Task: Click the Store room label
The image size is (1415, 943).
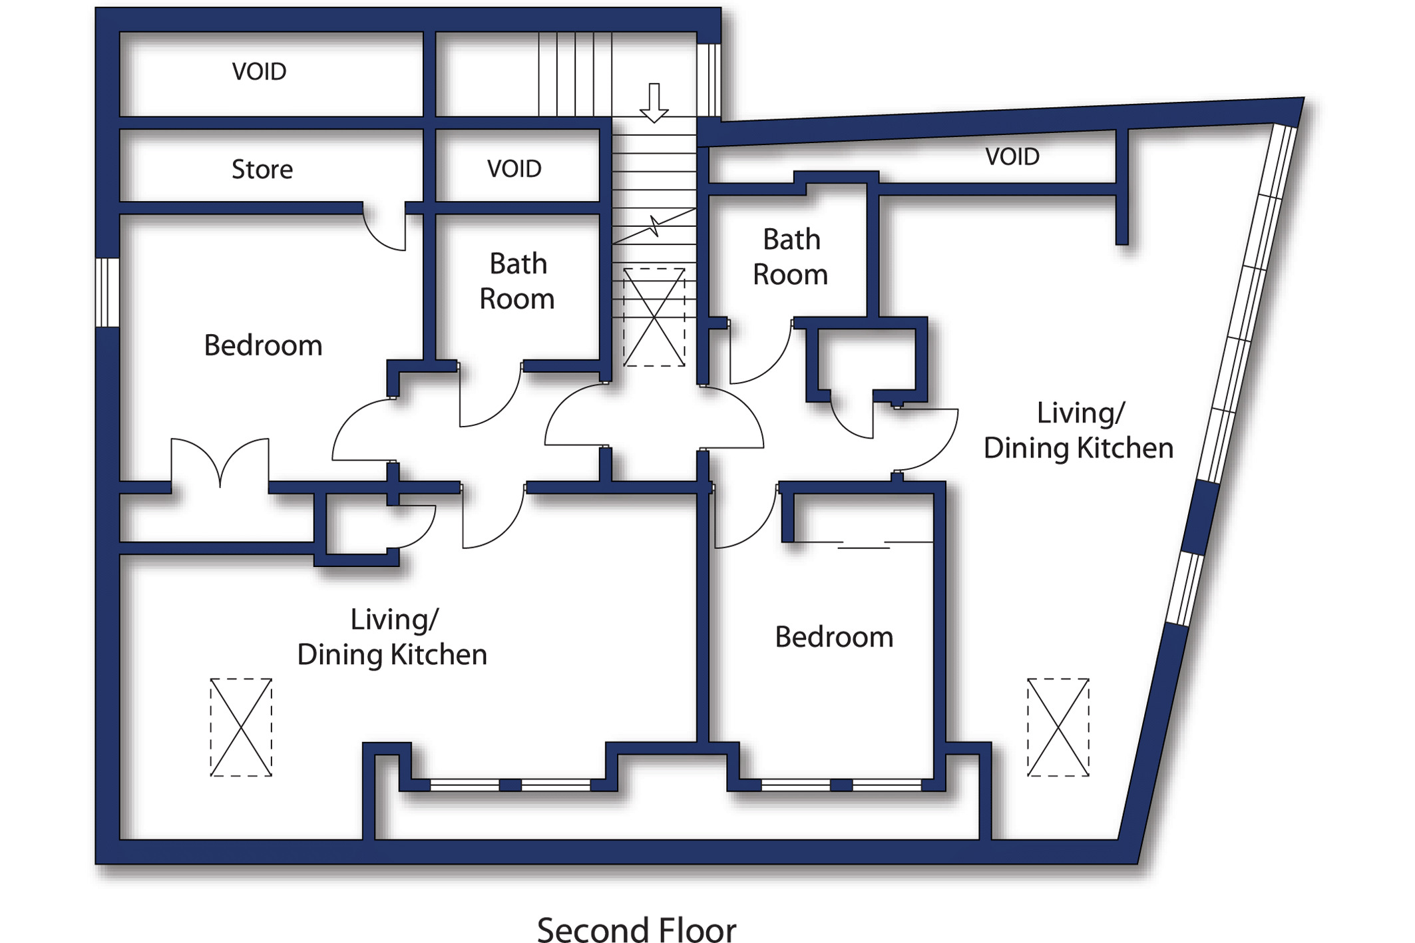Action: coord(262,169)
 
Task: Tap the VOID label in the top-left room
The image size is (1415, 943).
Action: coord(259,71)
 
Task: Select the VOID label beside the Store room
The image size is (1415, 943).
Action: coord(514,168)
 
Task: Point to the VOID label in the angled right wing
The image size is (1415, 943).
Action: coord(1012,156)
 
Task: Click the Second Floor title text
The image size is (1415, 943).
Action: coord(636,929)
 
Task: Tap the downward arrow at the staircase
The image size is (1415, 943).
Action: coord(654,103)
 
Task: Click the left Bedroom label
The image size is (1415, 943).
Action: coord(263,345)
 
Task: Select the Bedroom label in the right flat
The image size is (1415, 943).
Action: coord(834,637)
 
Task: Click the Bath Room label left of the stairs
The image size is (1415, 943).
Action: coord(517,281)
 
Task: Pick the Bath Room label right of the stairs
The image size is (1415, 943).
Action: coord(791,257)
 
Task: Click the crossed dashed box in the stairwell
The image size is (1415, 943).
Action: coord(654,317)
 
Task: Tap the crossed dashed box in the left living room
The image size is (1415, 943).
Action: coord(241,727)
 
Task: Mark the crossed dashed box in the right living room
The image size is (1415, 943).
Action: coord(1058,727)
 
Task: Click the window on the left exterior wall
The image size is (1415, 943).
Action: coord(107,293)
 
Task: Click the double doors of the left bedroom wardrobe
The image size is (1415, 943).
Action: coord(220,463)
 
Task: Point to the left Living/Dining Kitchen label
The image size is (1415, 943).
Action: coord(392,637)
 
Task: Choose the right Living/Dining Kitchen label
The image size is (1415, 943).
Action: coord(1079,431)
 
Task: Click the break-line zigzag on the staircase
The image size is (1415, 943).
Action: coord(655,226)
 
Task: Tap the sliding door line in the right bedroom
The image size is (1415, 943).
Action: coord(864,544)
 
